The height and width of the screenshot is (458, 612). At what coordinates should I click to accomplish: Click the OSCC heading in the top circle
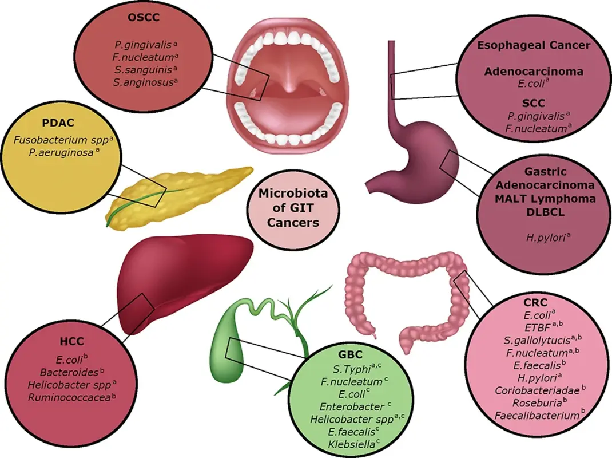[142, 17]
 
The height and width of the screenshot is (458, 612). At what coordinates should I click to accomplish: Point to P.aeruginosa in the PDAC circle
[64, 153]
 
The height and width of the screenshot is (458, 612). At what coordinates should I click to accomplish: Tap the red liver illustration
[183, 275]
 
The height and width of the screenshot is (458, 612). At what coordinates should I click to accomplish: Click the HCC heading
[71, 342]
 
